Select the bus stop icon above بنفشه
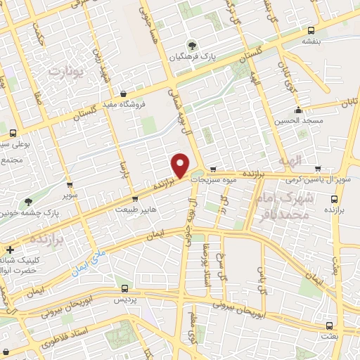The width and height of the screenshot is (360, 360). pyautogui.click(x=311, y=30)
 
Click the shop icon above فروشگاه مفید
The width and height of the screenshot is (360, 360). pyautogui.click(x=124, y=94)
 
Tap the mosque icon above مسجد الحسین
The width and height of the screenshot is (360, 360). pyautogui.click(x=299, y=109)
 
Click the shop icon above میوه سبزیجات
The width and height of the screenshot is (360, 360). pyautogui.click(x=213, y=169)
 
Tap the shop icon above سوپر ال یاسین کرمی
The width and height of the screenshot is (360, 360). pyautogui.click(x=319, y=169)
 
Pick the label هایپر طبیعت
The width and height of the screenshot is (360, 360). pyautogui.click(x=132, y=209)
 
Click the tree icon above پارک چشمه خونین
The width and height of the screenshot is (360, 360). pyautogui.click(x=28, y=200)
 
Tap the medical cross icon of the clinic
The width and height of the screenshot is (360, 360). pyautogui.click(x=10, y=249)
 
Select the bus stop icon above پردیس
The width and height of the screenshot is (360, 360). pyautogui.click(x=124, y=288)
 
